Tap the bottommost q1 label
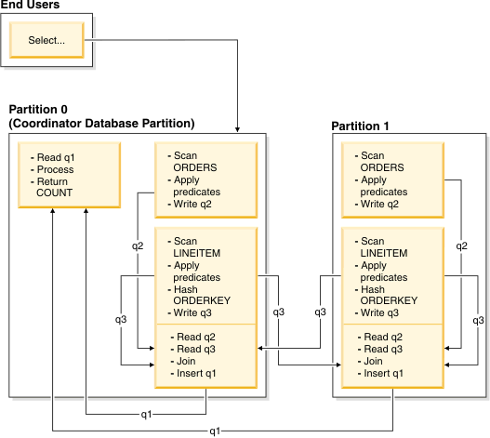(x=215, y=431)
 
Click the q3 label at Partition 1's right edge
(x=478, y=320)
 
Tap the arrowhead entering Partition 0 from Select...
(x=240, y=127)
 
